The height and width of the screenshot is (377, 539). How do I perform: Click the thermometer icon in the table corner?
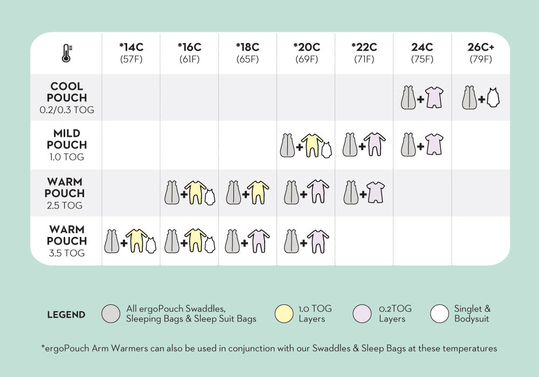click(x=66, y=53)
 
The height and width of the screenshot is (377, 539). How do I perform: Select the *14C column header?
click(x=131, y=53)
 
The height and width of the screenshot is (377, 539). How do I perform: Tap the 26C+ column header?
click(x=480, y=53)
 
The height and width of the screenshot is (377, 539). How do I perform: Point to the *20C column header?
click(x=306, y=53)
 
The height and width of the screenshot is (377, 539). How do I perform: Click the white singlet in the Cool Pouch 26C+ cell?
click(x=493, y=98)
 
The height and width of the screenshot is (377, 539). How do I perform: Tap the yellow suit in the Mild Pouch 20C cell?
click(x=312, y=144)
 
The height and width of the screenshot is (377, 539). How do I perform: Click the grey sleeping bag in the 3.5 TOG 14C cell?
click(x=112, y=241)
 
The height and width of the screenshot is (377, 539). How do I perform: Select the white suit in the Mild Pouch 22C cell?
click(x=374, y=144)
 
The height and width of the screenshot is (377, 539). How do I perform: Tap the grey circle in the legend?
click(x=111, y=314)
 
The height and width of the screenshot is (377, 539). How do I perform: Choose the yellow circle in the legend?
click(x=284, y=314)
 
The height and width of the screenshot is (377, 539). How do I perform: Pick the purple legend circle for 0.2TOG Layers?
click(x=362, y=314)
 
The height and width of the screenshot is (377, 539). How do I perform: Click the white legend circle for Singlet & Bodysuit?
click(x=440, y=314)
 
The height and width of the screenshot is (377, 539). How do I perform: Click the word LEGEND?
click(x=66, y=315)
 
